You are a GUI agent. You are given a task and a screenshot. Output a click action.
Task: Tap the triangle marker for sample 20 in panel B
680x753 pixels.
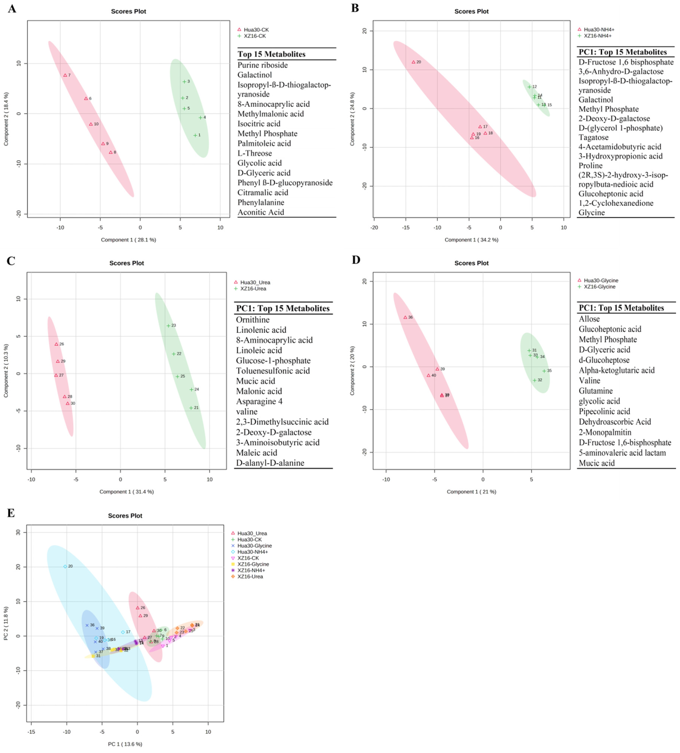click(x=414, y=62)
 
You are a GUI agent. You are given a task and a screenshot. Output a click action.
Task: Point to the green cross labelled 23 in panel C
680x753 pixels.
click(x=168, y=326)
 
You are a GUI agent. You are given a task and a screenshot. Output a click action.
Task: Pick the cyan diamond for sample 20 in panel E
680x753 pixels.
click(x=65, y=566)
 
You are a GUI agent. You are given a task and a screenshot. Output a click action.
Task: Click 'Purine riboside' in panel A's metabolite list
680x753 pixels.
click(x=263, y=65)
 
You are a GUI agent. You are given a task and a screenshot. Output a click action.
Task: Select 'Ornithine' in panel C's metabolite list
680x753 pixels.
click(x=253, y=320)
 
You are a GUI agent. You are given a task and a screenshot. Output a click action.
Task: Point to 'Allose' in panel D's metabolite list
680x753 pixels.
click(x=589, y=319)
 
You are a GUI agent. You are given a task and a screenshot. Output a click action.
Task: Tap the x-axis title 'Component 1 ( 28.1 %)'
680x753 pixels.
click(x=128, y=240)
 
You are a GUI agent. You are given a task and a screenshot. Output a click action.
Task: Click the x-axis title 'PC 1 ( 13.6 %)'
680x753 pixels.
click(x=125, y=744)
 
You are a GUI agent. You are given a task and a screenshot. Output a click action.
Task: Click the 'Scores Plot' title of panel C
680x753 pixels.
click(x=127, y=263)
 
